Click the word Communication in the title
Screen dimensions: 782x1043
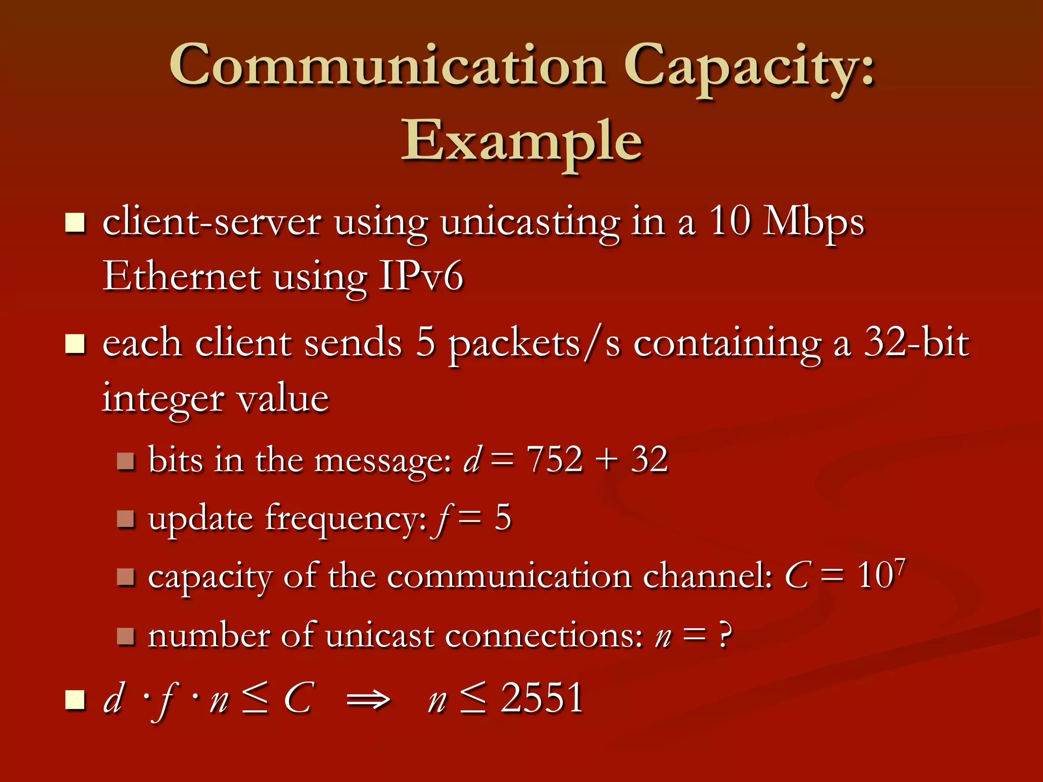[387, 66]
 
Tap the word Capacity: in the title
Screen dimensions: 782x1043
[749, 69]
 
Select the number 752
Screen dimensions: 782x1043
[554, 459]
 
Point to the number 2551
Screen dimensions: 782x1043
[542, 697]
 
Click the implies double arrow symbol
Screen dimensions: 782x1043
[368, 700]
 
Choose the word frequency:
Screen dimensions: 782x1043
[346, 519]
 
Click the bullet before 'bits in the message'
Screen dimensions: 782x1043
[125, 461]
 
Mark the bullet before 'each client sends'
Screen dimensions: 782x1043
[75, 344]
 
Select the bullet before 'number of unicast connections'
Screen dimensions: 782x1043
[125, 636]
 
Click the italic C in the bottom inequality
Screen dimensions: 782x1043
[298, 697]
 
